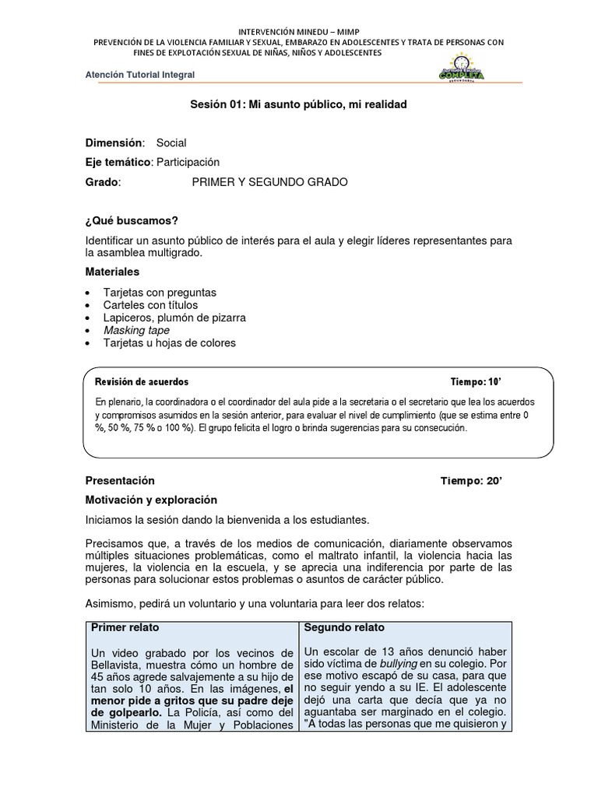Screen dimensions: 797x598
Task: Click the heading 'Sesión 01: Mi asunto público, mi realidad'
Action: [x=299, y=104]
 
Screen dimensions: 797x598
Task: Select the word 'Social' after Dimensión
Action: [x=171, y=143]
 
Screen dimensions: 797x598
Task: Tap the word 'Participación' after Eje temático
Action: [x=188, y=162]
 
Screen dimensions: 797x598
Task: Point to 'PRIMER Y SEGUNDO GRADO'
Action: [x=269, y=182]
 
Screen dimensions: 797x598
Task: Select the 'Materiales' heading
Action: [x=112, y=272]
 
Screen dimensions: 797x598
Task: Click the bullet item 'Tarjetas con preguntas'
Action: [x=160, y=293]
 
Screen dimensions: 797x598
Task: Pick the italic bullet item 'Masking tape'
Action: [x=136, y=330]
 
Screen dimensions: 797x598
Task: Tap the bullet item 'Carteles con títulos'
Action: [x=150, y=305]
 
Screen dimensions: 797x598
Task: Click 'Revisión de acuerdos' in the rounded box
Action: [x=141, y=382]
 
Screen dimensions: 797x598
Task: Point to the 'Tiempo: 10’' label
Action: [x=475, y=382]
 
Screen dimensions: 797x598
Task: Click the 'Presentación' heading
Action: [x=120, y=481]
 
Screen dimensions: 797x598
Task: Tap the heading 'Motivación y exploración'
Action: [x=151, y=500]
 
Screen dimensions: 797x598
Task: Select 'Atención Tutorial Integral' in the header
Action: [x=140, y=75]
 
